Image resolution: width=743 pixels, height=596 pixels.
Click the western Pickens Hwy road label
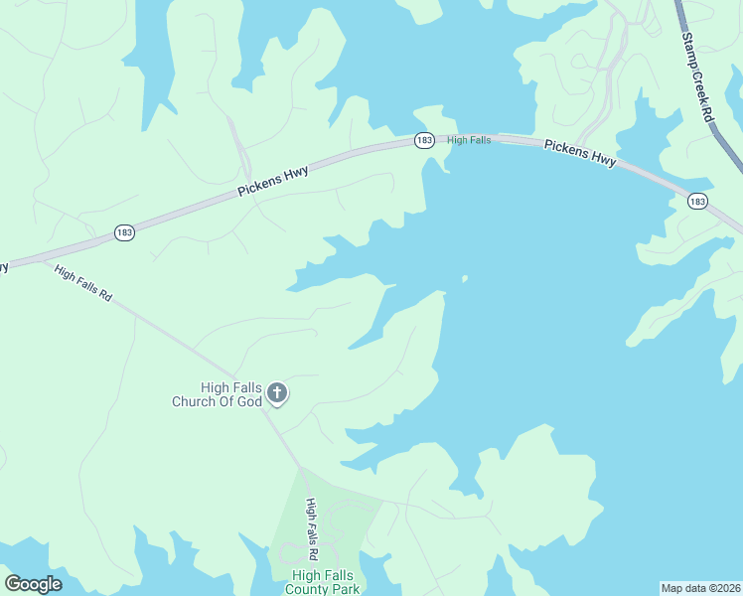272,181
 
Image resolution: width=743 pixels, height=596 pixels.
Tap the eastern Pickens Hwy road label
580,152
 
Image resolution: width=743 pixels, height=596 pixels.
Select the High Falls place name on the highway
469,140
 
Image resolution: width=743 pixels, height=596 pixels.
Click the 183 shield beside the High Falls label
424,141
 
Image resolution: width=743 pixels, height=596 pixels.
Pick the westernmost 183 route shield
124,232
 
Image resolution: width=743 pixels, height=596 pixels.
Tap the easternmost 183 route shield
697,202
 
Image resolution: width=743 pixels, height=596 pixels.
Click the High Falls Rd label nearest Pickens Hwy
83,284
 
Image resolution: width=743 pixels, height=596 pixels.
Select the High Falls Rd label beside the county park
311,528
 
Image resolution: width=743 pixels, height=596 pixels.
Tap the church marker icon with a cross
277,394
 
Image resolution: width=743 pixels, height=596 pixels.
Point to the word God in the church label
249,401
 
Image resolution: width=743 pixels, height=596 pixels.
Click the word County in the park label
308,589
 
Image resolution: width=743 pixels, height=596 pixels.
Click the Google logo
33,584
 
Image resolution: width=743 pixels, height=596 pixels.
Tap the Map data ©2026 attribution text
700,588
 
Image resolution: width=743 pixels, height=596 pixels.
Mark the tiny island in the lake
464,279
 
